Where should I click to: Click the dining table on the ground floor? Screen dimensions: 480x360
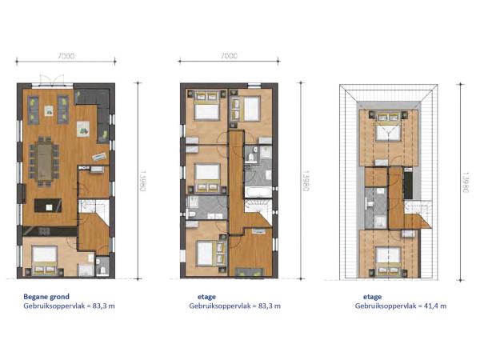[45, 162]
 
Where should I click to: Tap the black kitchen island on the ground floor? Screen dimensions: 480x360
[48, 206]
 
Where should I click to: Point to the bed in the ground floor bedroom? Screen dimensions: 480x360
[45, 260]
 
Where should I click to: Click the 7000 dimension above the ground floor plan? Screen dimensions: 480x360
[66, 56]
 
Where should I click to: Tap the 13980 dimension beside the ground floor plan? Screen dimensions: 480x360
[142, 181]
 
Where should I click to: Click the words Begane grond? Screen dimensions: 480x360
[46, 296]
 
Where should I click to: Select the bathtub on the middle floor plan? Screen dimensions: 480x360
[258, 192]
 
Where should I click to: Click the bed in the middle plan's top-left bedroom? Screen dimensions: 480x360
[207, 106]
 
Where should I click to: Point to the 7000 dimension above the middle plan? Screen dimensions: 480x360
[229, 56]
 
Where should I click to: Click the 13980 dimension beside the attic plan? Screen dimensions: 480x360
[466, 182]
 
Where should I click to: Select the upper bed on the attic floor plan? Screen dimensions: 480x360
[389, 127]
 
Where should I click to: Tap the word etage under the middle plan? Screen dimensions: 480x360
[206, 297]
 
